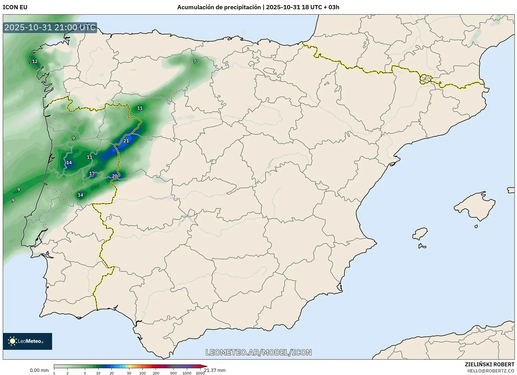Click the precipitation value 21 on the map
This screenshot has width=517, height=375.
pos(126,141)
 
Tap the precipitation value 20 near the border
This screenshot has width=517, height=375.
pos(115,176)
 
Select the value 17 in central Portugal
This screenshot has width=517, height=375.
pos(92,174)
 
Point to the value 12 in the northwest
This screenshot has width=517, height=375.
pos(35,61)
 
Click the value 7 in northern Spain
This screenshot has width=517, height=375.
pos(195,61)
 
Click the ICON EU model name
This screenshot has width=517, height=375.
pos(15,7)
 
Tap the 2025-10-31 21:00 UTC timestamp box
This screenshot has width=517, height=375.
pos(50,27)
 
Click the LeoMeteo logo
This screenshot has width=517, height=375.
pos(27,341)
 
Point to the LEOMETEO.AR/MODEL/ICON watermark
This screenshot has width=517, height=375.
pos(258,352)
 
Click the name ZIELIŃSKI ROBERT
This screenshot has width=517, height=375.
pos(490,364)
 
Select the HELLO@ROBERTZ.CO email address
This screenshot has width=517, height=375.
pos(491,371)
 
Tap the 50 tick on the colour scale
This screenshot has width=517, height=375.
pos(129,373)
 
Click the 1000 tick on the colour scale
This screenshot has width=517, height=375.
pos(187,373)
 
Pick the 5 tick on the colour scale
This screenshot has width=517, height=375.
pos(85,373)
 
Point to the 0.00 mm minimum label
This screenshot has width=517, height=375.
pos(39,370)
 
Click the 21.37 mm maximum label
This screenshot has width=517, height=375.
pos(215,370)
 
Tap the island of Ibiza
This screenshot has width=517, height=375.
pos(420,234)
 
